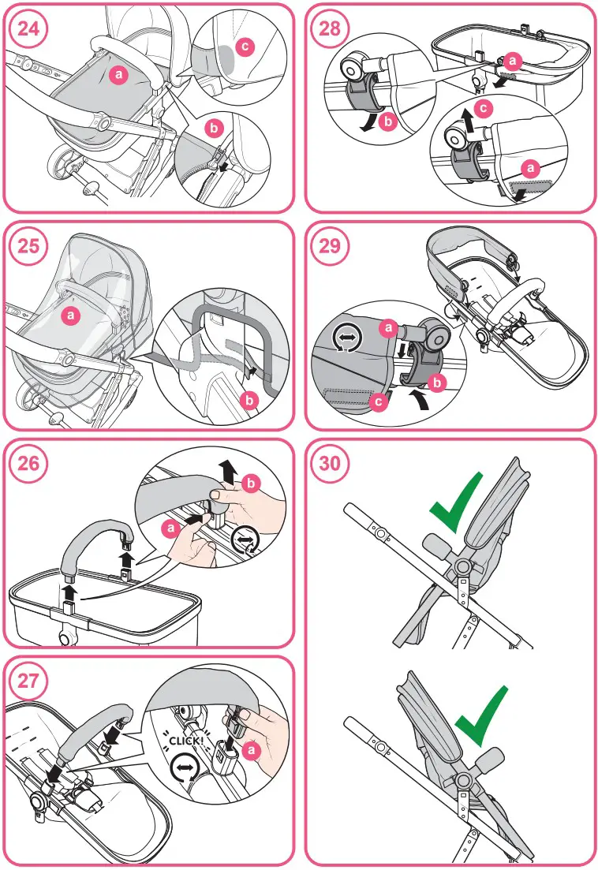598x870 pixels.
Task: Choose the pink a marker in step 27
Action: pos(252,752)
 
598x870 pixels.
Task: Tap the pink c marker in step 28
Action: pos(485,104)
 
